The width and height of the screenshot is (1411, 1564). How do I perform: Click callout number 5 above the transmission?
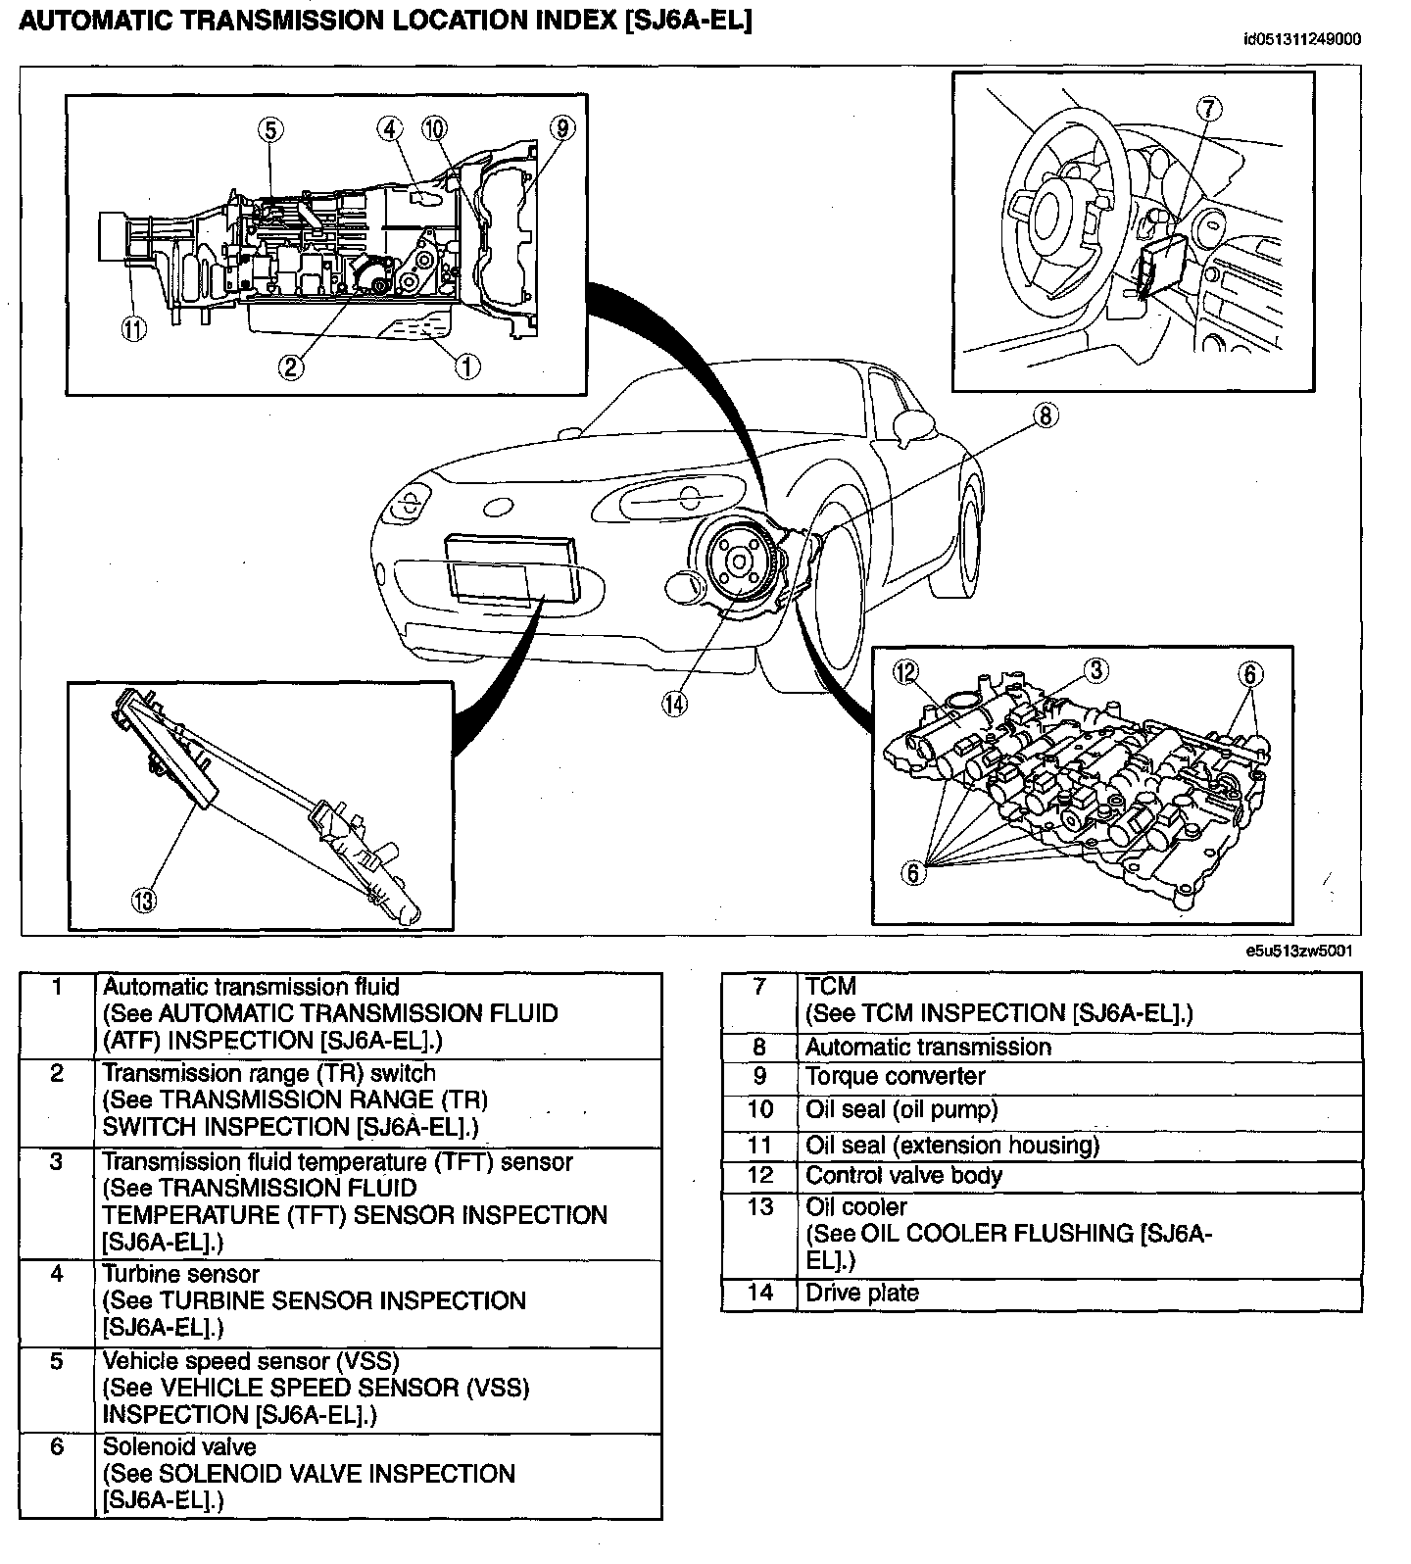(271, 128)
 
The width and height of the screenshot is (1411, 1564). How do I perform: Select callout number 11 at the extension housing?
(133, 329)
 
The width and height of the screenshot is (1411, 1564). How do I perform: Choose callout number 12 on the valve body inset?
(906, 671)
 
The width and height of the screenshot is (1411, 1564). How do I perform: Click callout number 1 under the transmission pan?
(466, 367)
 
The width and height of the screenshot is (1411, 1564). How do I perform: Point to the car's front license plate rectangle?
(510, 568)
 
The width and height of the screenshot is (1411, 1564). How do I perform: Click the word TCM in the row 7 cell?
(830, 986)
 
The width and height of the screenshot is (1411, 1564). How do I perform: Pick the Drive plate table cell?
(1080, 1294)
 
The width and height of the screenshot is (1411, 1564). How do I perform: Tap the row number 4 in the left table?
(57, 1274)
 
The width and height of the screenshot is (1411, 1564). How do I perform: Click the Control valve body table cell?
(1080, 1176)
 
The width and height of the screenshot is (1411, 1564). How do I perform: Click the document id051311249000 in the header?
(1302, 39)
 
